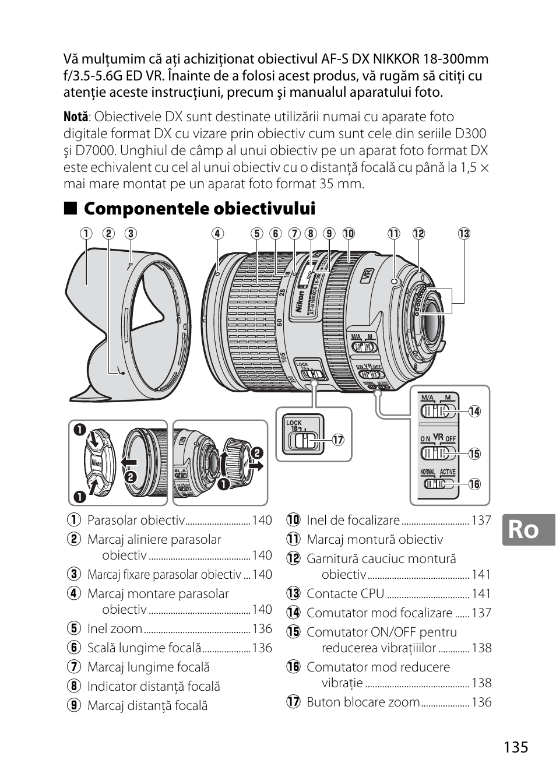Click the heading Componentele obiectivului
pos(199,209)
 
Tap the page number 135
pos(513,747)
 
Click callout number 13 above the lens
pos(463,234)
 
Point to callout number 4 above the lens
pos(217,234)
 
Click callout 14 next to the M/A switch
pos(474,412)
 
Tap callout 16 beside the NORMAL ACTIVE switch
pos(474,484)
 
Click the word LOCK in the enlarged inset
pos(294,423)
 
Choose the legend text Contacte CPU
pos(345,594)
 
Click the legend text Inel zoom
pos(114,629)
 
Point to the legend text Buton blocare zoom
pos(363,702)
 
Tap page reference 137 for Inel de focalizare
pos(481,521)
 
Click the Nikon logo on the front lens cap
pos(96,463)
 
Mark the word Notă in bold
pos(76,117)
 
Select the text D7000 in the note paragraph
pos(90,150)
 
